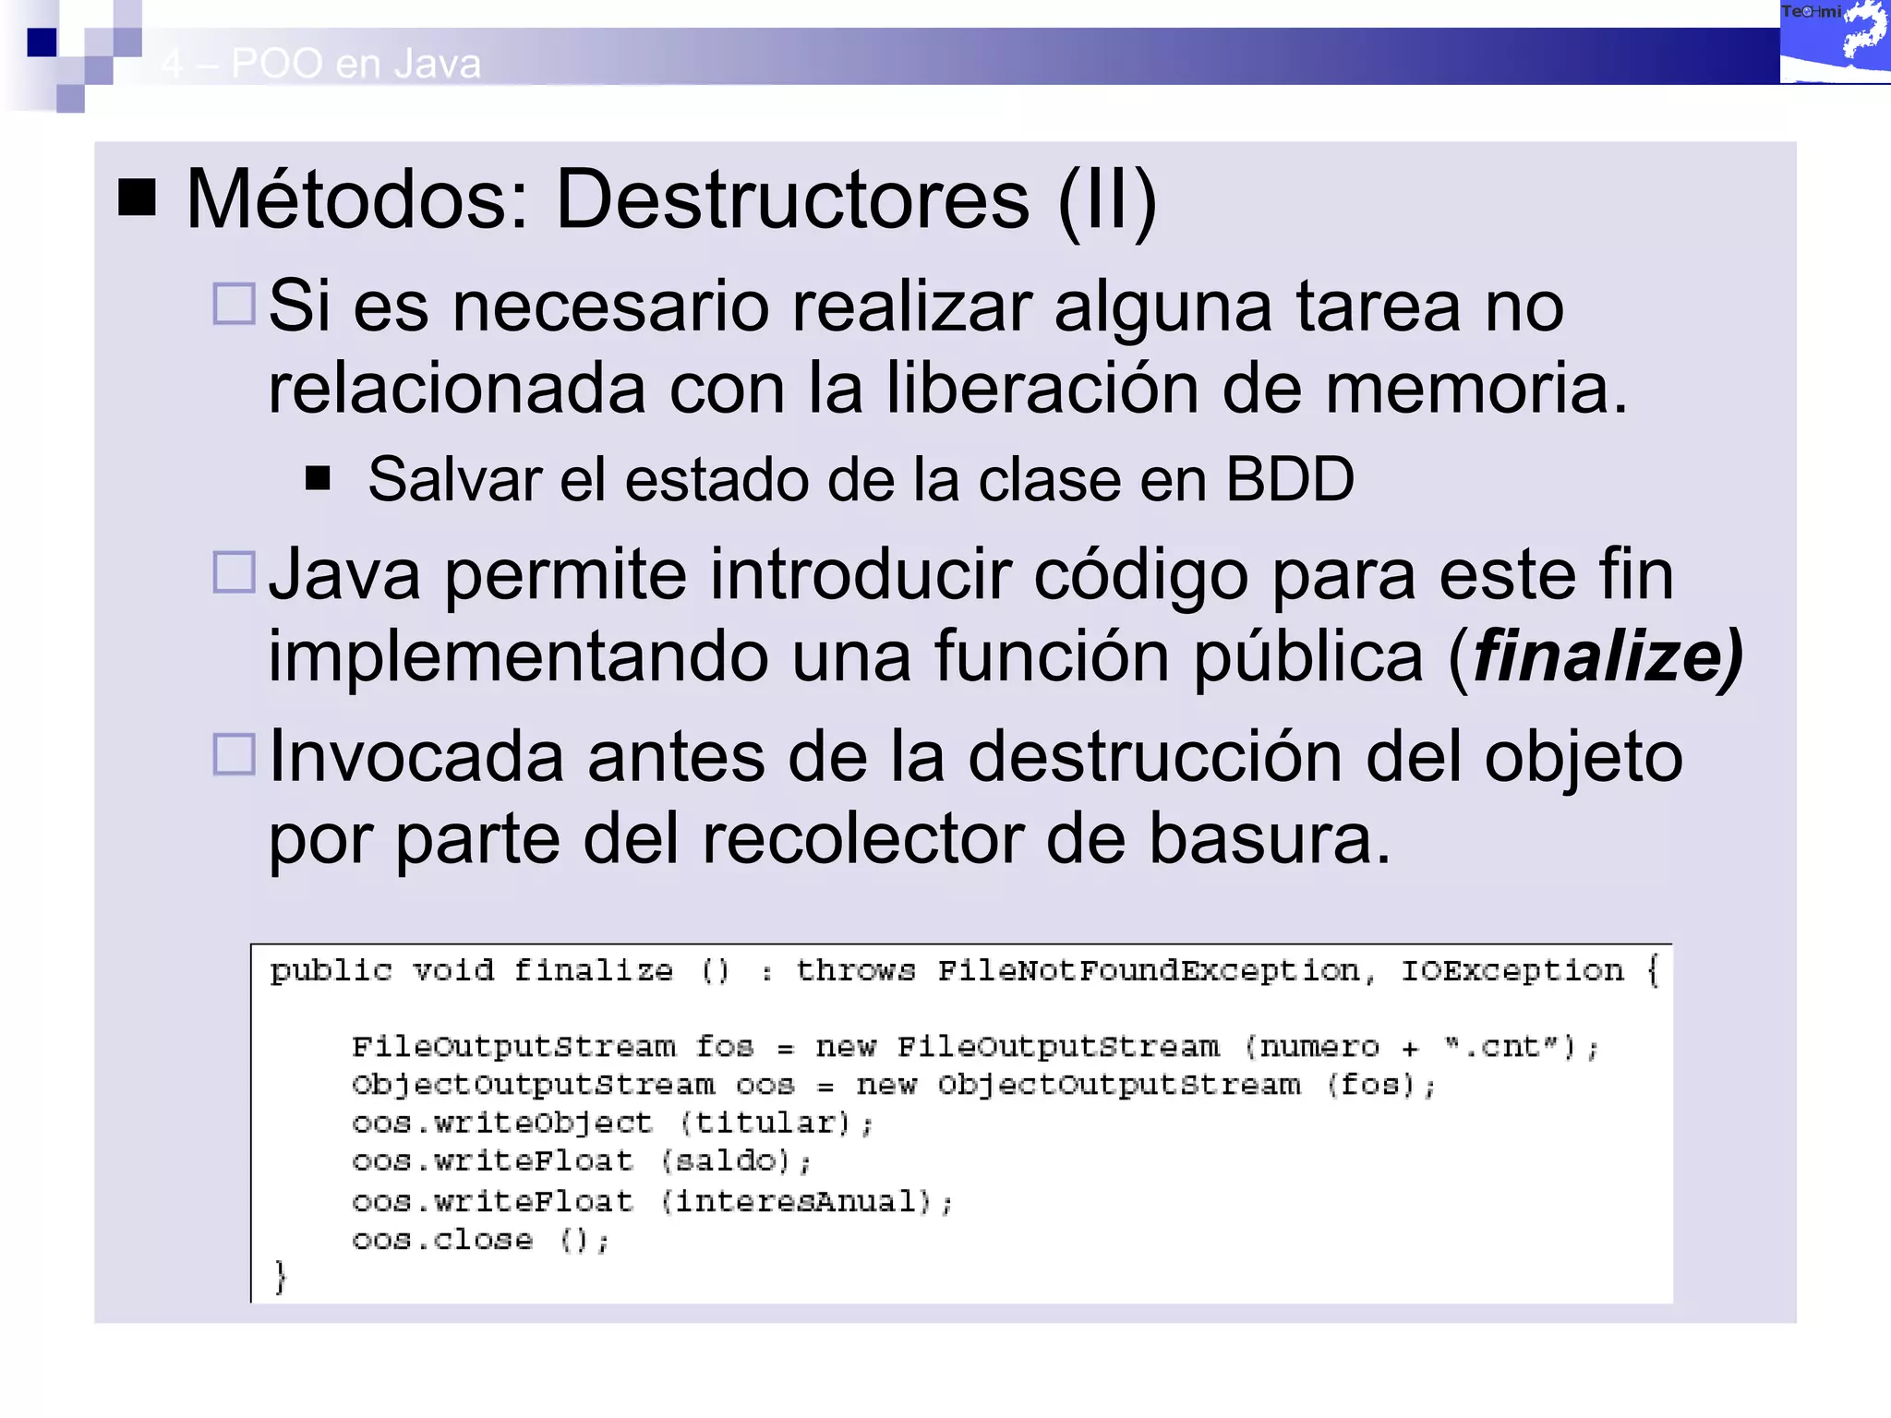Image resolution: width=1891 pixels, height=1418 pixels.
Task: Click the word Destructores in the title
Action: [792, 200]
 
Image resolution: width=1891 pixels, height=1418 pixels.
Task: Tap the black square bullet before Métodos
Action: [137, 197]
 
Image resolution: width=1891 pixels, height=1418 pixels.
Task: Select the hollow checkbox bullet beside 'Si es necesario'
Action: [234, 304]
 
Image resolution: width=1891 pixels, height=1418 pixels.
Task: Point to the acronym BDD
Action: [1289, 479]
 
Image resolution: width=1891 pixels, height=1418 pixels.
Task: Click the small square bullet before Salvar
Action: [319, 478]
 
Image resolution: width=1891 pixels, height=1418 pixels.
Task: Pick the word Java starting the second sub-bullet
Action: [343, 574]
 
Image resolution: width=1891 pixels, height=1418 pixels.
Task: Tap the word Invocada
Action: [416, 756]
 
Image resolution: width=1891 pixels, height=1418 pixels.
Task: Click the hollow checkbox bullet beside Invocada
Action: [234, 754]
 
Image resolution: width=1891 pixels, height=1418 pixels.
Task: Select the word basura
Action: [1269, 839]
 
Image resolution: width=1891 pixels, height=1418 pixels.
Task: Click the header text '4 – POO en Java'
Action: [320, 64]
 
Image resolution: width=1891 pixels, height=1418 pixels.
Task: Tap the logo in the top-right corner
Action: [1835, 42]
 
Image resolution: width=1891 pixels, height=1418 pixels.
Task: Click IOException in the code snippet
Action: [1512, 970]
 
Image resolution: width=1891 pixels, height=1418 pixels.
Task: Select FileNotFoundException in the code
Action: [1148, 970]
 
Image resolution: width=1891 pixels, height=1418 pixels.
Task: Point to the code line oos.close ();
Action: [480, 1240]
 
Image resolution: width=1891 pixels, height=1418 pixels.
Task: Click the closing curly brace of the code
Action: [281, 1277]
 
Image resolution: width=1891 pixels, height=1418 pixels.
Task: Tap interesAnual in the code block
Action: [802, 1201]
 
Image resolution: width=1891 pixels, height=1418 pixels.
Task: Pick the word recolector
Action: [864, 839]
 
